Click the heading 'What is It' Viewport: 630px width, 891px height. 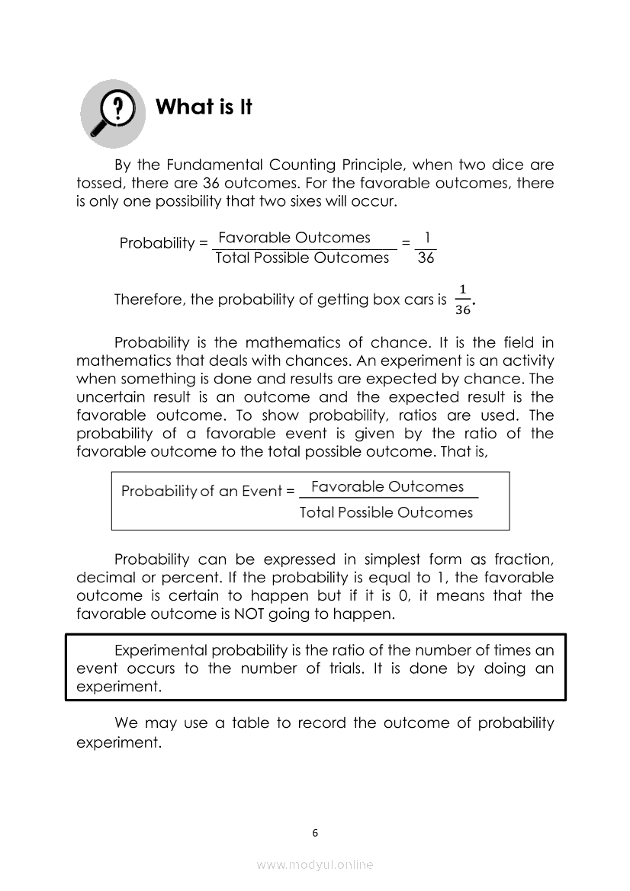pos(204,107)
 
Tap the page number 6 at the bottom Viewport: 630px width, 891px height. pos(315,832)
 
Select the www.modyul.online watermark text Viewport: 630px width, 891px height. pos(315,864)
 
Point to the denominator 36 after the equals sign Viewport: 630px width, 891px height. pos(426,258)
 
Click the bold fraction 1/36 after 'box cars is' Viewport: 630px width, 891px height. pos(462,300)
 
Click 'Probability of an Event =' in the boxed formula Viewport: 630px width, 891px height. pos(207,492)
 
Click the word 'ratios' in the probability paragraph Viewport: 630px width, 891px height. pos(429,415)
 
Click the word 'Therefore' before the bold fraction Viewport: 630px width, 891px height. pos(148,300)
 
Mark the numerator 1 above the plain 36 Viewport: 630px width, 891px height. pos(427,238)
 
